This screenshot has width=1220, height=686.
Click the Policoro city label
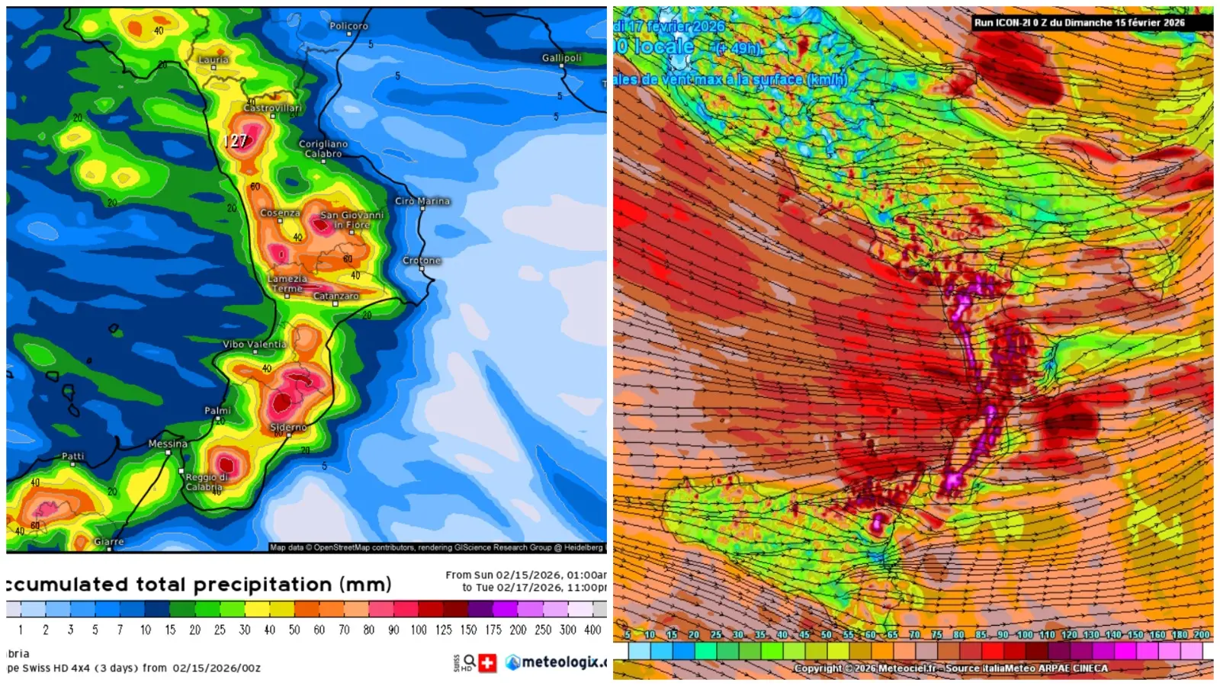pyautogui.click(x=348, y=26)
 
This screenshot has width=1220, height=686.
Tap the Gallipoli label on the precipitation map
pyautogui.click(x=561, y=58)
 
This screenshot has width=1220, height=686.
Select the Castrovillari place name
pyautogui.click(x=273, y=107)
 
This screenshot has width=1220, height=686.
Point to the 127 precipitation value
pyautogui.click(x=236, y=141)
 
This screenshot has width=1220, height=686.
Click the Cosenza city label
pyautogui.click(x=280, y=213)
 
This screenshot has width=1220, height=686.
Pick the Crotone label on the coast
pyautogui.click(x=422, y=260)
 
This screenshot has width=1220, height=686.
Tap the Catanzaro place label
pyautogui.click(x=335, y=296)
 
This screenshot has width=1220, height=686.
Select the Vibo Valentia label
pyautogui.click(x=255, y=344)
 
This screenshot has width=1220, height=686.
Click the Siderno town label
pyautogui.click(x=288, y=427)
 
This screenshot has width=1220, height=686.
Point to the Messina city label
pyautogui.click(x=168, y=443)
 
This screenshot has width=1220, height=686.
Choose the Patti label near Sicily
pyautogui.click(x=73, y=456)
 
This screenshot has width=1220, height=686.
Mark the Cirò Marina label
pyautogui.click(x=422, y=201)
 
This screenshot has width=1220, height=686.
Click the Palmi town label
pyautogui.click(x=217, y=410)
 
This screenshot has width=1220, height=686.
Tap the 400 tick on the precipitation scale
pyautogui.click(x=592, y=630)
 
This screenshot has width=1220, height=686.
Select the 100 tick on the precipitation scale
pyautogui.click(x=419, y=630)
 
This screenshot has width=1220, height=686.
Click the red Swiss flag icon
pyautogui.click(x=487, y=662)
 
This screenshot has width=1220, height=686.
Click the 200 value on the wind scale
pyautogui.click(x=1202, y=634)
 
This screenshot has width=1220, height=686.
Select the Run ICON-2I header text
pyautogui.click(x=1079, y=23)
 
